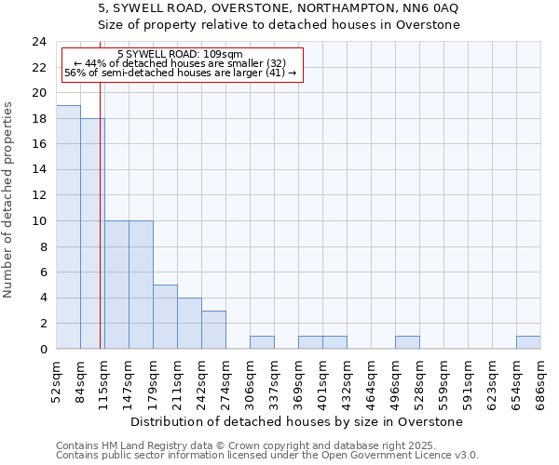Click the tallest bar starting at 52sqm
68,227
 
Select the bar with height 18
92,233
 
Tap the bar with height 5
165,316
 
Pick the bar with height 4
189,323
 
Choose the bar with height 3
213,329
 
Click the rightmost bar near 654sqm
528,342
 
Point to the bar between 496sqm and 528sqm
407,342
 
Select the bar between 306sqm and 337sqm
262,342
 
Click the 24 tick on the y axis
39,42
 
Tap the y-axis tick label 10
39,221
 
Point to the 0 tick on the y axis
43,350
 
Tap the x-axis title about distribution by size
296,422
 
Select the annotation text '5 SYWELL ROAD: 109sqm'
181,55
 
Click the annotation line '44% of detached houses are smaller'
180,63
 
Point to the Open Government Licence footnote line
267,456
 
